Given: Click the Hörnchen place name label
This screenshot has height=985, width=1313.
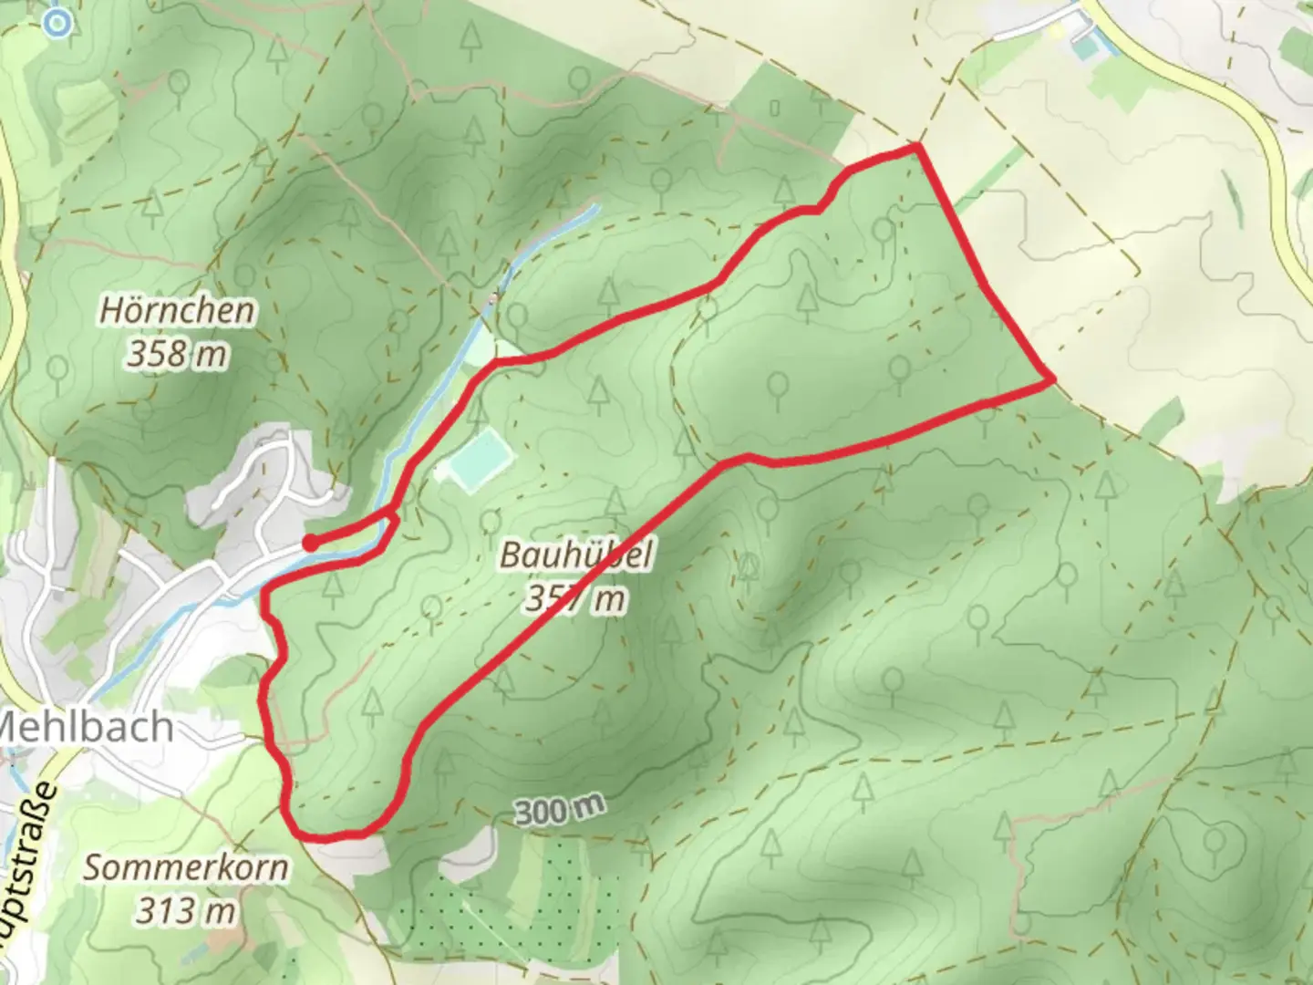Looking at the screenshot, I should tap(177, 311).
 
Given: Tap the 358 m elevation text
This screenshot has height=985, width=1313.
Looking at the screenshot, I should tap(177, 354).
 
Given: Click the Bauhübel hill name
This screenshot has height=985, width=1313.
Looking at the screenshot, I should tap(576, 555).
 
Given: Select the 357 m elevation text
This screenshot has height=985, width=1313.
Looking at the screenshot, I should tap(576, 599).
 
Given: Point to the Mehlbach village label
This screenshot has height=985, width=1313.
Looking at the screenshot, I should tap(87, 727).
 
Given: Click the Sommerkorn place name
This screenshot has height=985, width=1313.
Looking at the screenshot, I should tap(186, 867).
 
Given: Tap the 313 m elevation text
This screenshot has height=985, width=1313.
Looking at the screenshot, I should tap(186, 910).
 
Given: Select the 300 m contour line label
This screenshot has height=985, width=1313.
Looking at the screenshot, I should tap(559, 810).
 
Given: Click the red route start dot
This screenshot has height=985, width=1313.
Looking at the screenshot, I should tap(310, 543).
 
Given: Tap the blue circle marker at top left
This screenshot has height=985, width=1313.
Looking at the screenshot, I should tap(57, 23).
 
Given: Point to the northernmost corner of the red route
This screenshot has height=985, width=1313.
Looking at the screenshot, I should tap(916, 146).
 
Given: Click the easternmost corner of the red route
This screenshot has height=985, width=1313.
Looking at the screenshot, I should tap(1052, 378).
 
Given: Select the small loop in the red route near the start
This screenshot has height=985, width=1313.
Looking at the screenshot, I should tap(390, 524).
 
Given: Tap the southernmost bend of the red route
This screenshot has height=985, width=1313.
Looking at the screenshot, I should tap(328, 835).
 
